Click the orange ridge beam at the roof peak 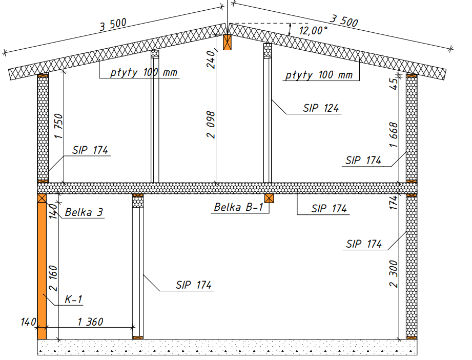(x=227, y=42)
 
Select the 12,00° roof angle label (x=313, y=30)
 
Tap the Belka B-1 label (x=239, y=207)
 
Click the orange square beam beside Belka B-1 (x=269, y=198)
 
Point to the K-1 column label (x=73, y=299)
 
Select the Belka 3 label (x=84, y=212)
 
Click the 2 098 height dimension (x=211, y=125)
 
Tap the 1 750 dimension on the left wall (x=59, y=126)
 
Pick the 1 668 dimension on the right (x=394, y=135)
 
